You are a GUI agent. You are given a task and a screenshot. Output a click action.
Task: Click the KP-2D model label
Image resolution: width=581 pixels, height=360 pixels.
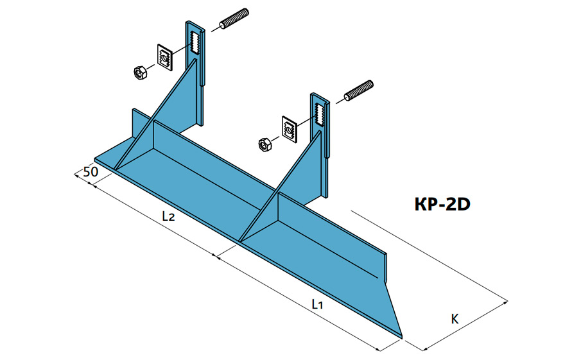click(x=444, y=204)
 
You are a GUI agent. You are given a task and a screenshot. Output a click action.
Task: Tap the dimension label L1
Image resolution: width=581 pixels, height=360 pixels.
click(x=317, y=305)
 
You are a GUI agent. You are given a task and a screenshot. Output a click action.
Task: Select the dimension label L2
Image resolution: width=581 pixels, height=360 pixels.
click(x=168, y=217)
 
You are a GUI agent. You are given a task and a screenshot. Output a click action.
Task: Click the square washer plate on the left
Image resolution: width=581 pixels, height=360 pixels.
click(x=165, y=59)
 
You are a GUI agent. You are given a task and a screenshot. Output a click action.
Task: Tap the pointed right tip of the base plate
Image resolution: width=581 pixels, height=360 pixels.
click(x=401, y=334)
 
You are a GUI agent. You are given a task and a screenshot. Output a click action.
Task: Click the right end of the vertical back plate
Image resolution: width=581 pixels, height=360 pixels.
click(x=385, y=266)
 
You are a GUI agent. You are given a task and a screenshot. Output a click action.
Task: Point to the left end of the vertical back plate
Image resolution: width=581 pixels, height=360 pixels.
click(x=134, y=122)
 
